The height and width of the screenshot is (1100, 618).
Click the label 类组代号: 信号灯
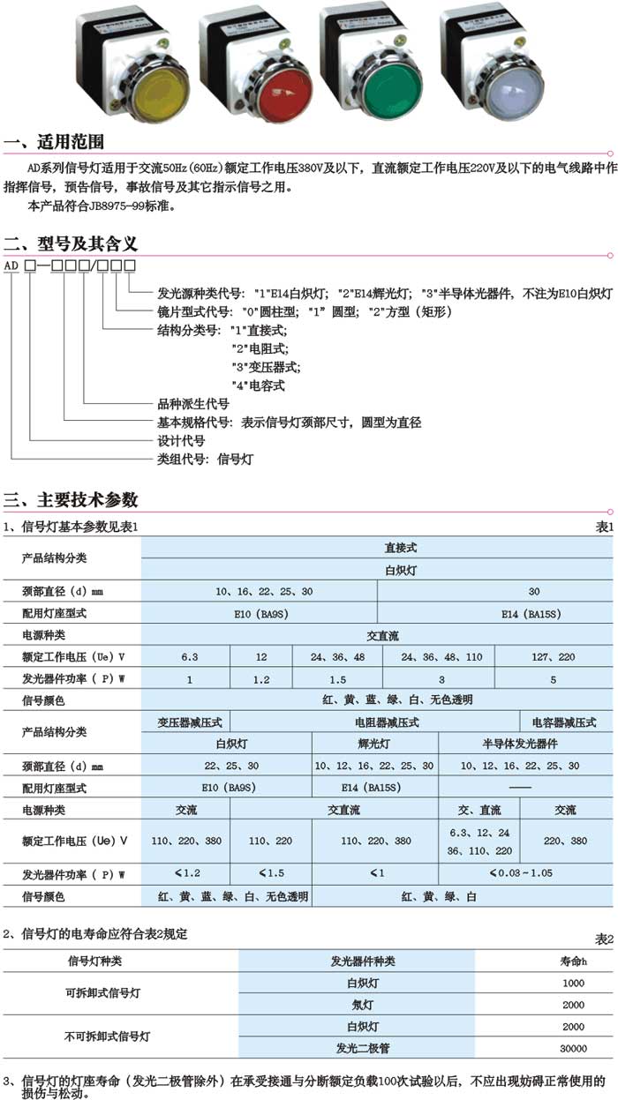pyautogui.click(x=205, y=459)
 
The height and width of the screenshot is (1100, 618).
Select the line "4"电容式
pyautogui.click(x=258, y=385)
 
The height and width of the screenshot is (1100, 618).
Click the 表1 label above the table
pyautogui.click(x=604, y=527)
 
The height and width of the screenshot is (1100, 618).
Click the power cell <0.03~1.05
pyautogui.click(x=525, y=874)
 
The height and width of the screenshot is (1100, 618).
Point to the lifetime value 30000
pyautogui.click(x=573, y=1049)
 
